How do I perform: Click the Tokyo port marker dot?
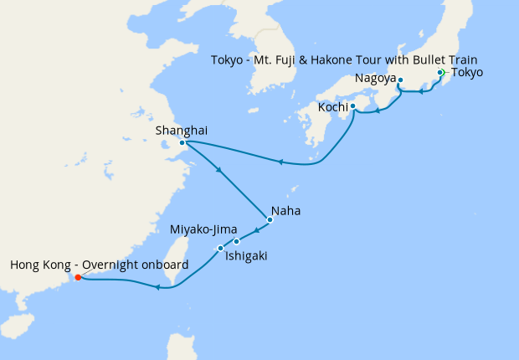[x=440, y=73]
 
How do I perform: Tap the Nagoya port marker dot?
[x=400, y=80]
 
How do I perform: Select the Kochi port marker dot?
[x=352, y=106]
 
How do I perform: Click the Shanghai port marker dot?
[x=182, y=142]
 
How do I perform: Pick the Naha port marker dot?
[x=270, y=220]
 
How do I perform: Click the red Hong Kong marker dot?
[x=77, y=278]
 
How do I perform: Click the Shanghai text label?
[x=182, y=130]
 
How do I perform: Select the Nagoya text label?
[x=374, y=79]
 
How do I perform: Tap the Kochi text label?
[x=332, y=107]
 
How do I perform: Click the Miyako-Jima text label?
[x=203, y=229]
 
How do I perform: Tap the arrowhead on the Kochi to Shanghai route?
[x=280, y=162]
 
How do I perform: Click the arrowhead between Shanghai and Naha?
[x=219, y=172]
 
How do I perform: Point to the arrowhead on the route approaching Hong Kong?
[x=157, y=288]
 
